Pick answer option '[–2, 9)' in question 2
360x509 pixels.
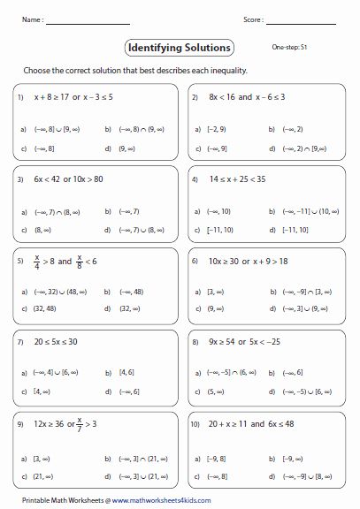[212, 128]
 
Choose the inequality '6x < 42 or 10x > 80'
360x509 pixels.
[73, 179]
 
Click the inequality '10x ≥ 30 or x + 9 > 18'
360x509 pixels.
[251, 262]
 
